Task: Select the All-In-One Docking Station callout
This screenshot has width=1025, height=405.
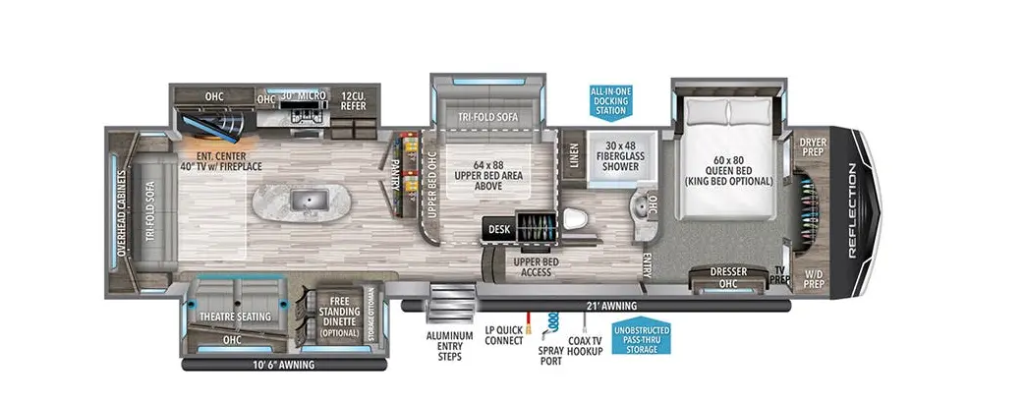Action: coord(609,101)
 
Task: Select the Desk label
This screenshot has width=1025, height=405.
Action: coord(497,229)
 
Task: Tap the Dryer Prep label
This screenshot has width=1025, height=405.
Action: coord(813,146)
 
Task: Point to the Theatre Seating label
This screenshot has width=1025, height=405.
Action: coord(234,317)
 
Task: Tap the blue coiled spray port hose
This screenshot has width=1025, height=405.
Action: coord(552,323)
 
